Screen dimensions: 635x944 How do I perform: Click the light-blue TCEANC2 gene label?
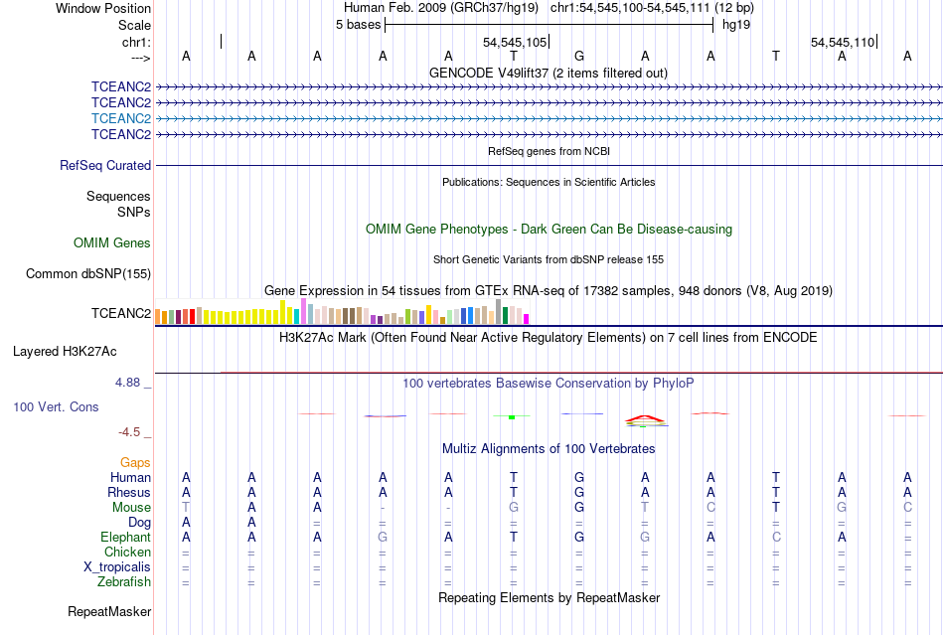pos(121,118)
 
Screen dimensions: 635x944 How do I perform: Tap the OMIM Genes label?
pos(112,242)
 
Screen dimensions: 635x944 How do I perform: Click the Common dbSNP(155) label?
pos(88,273)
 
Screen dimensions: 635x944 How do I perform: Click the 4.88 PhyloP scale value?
pos(132,382)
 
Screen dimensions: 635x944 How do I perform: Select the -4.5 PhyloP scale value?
pos(132,432)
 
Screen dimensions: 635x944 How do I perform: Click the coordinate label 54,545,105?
pos(515,43)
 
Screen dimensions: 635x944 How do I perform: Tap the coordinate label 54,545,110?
pos(843,43)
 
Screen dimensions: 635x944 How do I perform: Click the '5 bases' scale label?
pos(358,24)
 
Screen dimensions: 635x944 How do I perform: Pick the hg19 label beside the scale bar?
pos(736,24)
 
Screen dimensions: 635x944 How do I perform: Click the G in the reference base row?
pos(579,56)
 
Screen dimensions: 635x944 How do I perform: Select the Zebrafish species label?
pos(125,581)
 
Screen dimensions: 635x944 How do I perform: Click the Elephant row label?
pos(125,537)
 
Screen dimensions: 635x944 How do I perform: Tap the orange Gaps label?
pos(135,462)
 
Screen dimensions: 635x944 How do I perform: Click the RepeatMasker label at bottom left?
pos(109,611)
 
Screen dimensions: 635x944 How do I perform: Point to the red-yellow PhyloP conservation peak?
pos(645,418)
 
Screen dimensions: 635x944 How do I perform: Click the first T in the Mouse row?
pos(186,507)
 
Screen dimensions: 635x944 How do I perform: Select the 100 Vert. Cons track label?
pos(56,407)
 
